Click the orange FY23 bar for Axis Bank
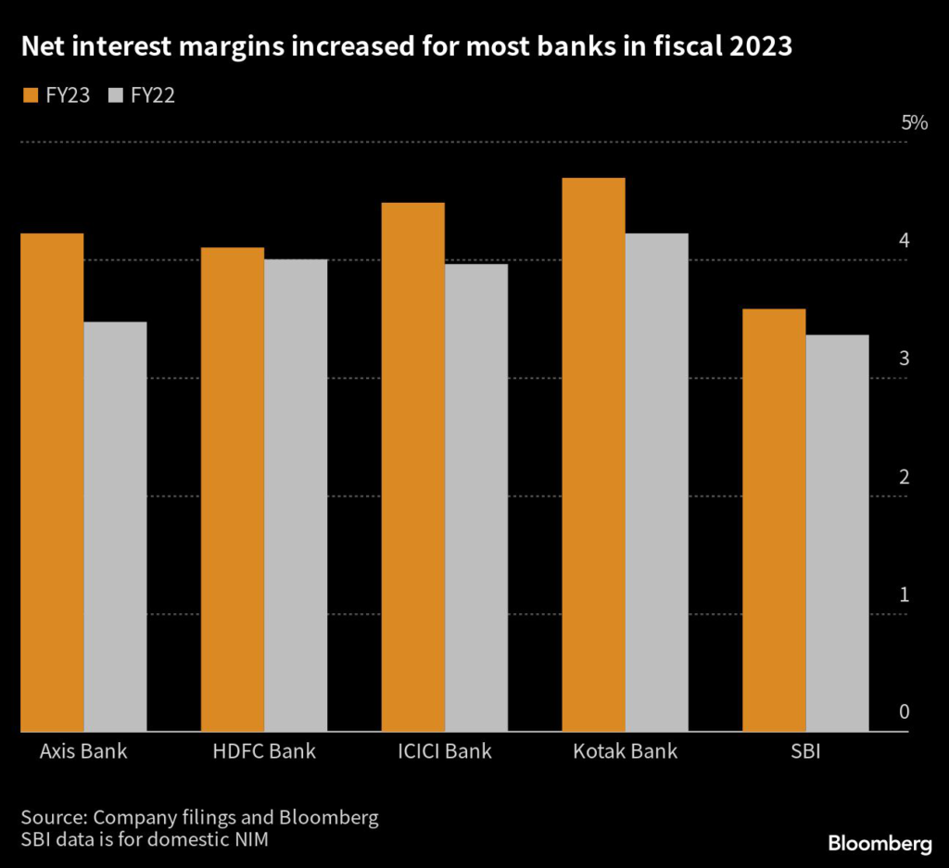(52, 482)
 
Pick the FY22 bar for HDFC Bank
(296, 496)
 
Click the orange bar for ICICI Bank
(413, 467)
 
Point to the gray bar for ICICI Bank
(476, 497)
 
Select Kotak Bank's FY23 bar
(594, 454)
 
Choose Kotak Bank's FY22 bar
(657, 482)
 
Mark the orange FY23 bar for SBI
(775, 520)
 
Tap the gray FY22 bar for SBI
(838, 533)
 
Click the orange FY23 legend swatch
(28, 94)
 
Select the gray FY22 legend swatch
(117, 94)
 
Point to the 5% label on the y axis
(914, 123)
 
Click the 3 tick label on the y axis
(905, 359)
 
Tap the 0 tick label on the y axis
(905, 712)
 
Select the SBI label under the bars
(806, 751)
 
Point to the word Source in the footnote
(53, 818)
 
